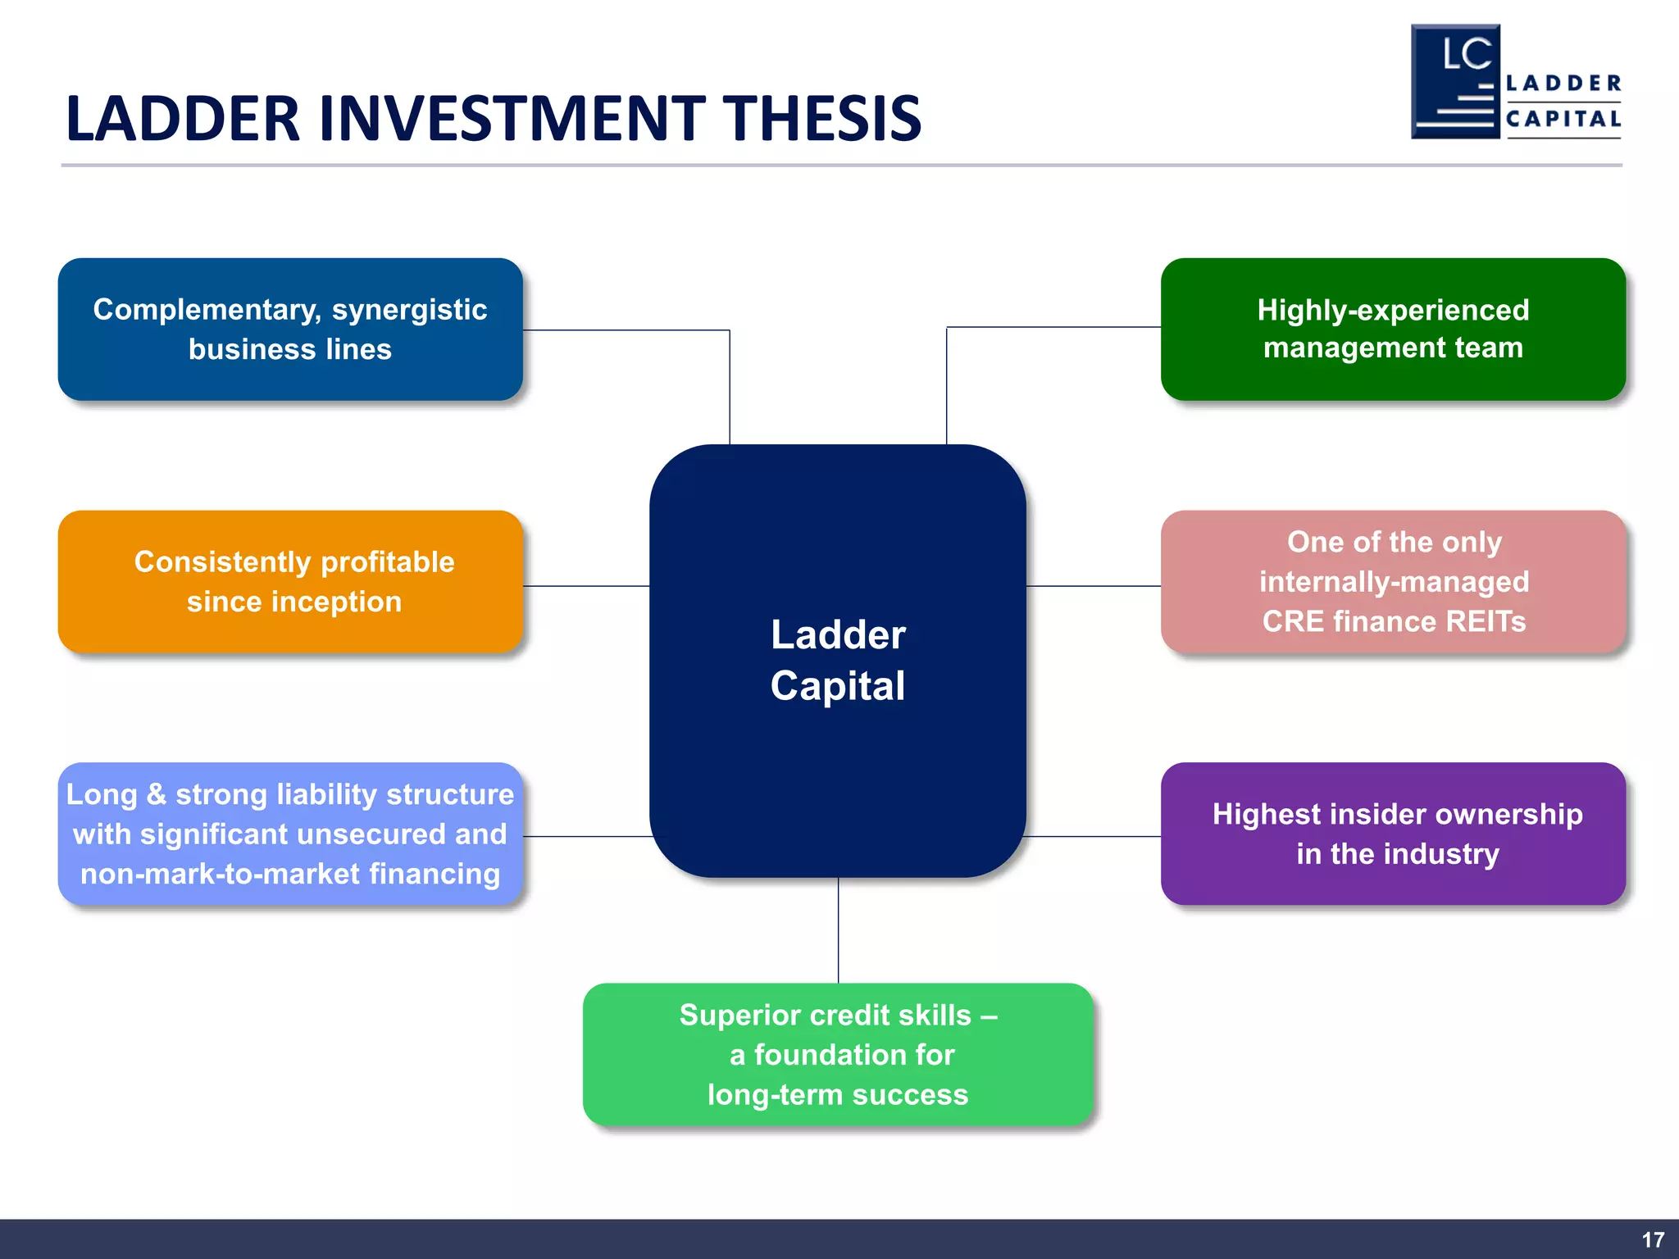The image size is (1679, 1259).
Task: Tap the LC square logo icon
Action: [x=1455, y=82]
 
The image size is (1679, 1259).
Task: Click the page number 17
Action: [x=1653, y=1240]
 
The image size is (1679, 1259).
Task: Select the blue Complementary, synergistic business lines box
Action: [x=290, y=330]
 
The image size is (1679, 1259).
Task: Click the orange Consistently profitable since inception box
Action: [x=290, y=582]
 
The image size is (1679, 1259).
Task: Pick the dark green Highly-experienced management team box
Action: [x=1393, y=330]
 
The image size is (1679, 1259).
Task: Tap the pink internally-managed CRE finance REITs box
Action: [x=1393, y=582]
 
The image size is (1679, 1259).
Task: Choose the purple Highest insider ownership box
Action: [x=1393, y=834]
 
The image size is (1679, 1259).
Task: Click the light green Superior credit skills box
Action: [x=838, y=1055]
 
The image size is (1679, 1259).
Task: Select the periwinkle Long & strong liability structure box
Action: [x=290, y=834]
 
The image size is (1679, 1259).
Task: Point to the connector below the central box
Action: [x=838, y=930]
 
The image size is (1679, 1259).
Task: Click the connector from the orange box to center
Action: [x=586, y=586]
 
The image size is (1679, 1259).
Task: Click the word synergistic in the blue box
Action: [x=409, y=310]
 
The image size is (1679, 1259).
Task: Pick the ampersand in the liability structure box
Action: [x=156, y=794]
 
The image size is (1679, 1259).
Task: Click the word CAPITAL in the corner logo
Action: [x=1563, y=119]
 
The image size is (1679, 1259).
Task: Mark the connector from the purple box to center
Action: [x=1093, y=836]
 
